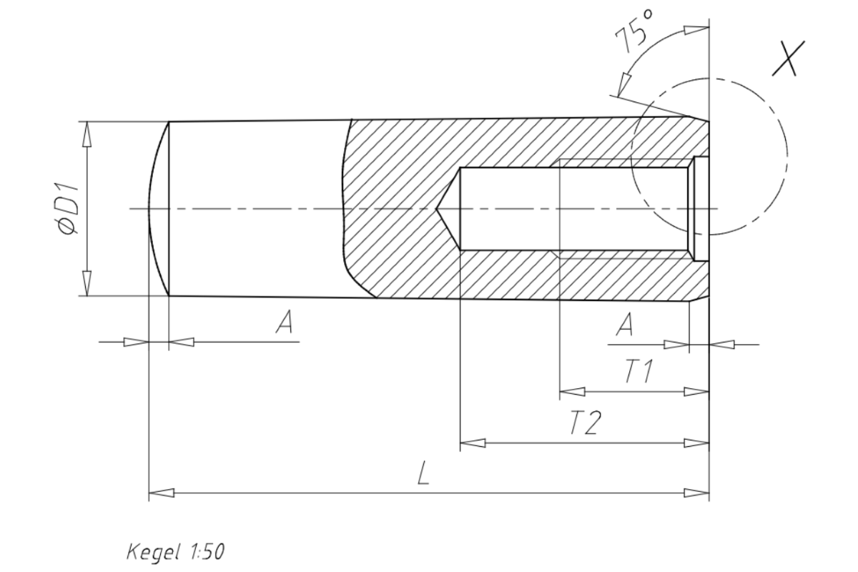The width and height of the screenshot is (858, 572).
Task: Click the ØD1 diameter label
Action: (x=69, y=208)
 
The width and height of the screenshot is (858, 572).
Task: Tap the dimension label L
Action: (x=423, y=475)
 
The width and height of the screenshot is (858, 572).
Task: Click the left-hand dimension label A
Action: (x=284, y=325)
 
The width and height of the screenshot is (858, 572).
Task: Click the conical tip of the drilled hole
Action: (x=447, y=209)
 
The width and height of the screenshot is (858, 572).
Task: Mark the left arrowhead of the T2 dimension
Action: (x=472, y=443)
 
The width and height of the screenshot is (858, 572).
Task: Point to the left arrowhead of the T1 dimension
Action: (x=571, y=392)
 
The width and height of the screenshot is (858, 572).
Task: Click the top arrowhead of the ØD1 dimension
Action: (x=87, y=133)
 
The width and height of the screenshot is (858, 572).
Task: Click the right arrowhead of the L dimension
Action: (x=697, y=493)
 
